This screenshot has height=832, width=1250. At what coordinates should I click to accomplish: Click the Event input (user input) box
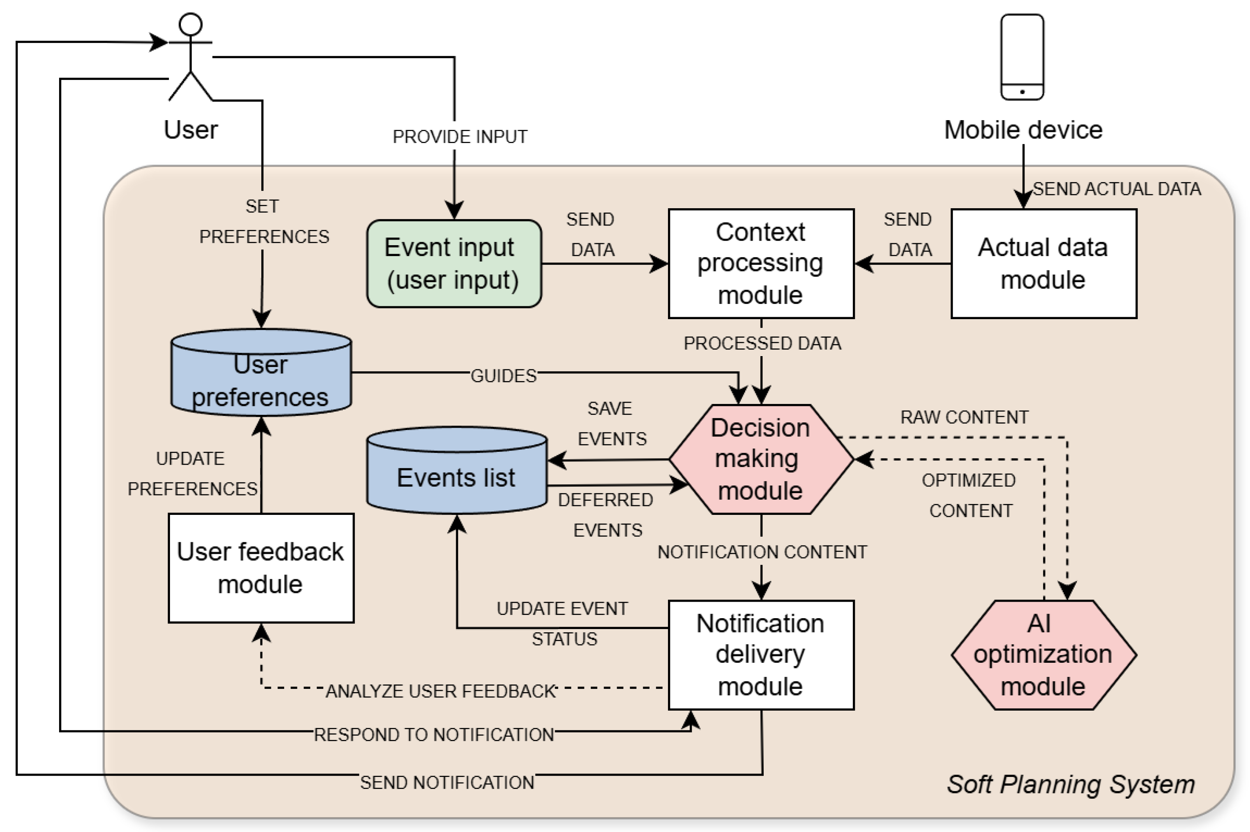(x=454, y=264)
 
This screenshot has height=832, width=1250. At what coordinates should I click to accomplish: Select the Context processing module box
(x=761, y=264)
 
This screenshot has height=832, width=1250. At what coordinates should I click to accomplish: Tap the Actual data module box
(x=1043, y=264)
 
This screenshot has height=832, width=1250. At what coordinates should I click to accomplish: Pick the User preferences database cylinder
(x=261, y=373)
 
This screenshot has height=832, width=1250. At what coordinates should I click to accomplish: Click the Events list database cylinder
(x=456, y=471)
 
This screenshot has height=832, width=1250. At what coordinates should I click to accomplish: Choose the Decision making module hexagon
(x=761, y=459)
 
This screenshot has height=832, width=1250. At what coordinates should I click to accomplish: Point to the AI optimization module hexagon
(x=1043, y=655)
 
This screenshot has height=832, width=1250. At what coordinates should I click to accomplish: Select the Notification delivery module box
(x=761, y=655)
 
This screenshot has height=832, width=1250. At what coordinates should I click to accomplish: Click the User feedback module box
(x=261, y=568)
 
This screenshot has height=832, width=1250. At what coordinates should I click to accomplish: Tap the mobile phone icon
(x=1022, y=57)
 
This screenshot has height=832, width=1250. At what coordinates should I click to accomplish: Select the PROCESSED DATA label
(x=762, y=344)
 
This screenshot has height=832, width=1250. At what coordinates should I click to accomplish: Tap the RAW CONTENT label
(x=964, y=418)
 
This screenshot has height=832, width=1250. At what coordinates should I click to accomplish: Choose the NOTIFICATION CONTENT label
(x=762, y=552)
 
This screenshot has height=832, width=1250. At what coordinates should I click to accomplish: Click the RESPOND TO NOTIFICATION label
(x=433, y=735)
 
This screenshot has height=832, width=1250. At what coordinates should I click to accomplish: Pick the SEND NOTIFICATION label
(x=447, y=783)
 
